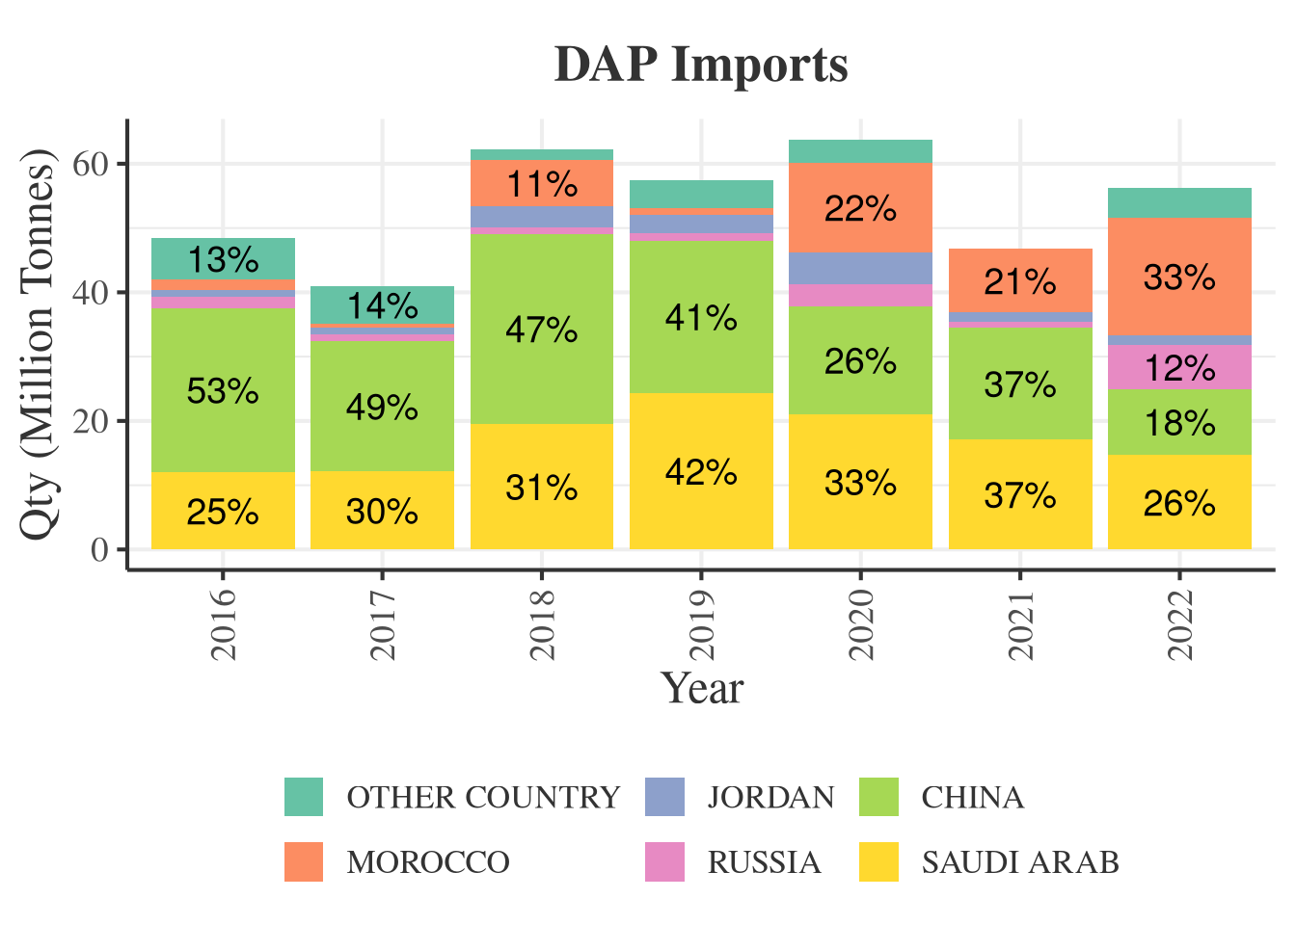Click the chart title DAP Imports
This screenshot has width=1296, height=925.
(701, 66)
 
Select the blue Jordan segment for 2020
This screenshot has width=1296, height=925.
(860, 268)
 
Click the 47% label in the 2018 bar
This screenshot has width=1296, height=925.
(542, 330)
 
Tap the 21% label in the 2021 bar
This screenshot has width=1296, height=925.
(1020, 282)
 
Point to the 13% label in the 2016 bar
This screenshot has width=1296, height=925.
(223, 260)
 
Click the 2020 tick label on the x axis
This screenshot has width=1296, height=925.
(860, 624)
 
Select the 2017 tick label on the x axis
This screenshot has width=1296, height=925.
(383, 624)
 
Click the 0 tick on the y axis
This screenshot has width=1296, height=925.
(99, 550)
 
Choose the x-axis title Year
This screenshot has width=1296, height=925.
(701, 688)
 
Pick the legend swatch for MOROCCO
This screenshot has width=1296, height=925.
(304, 861)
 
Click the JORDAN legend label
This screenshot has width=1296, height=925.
(770, 798)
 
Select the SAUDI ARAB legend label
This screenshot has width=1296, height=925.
(1019, 861)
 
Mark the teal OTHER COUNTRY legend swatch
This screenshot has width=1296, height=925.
(304, 798)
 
